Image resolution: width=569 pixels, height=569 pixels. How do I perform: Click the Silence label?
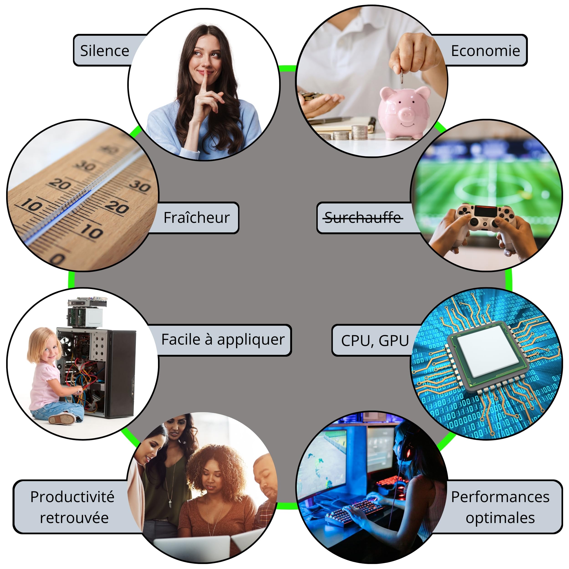click(x=104, y=51)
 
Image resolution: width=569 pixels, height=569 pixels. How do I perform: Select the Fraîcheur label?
click(x=196, y=218)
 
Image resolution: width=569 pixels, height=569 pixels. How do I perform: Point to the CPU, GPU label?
click(x=375, y=340)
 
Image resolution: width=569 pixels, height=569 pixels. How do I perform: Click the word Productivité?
click(x=72, y=497)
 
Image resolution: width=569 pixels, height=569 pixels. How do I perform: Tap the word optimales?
click(x=500, y=518)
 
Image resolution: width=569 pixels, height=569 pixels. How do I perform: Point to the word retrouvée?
click(x=74, y=518)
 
